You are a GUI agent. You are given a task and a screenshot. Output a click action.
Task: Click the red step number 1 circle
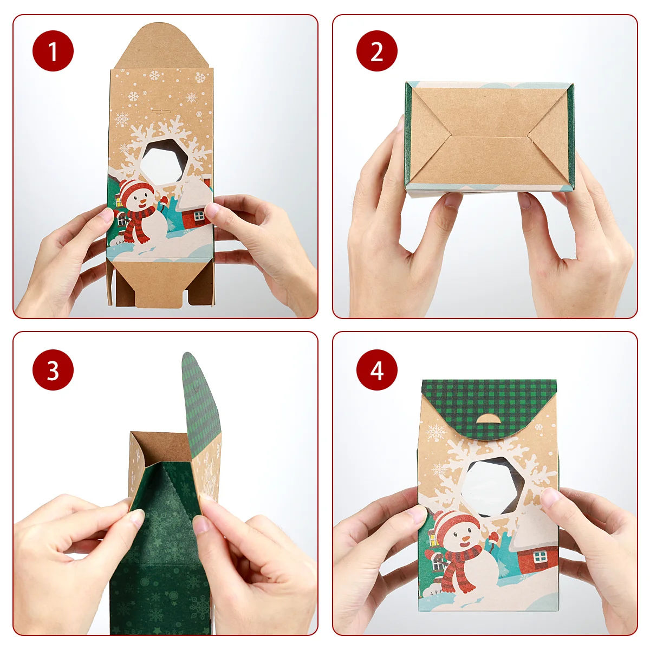pyautogui.click(x=53, y=51)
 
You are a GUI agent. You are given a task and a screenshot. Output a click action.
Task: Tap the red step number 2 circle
pyautogui.click(x=377, y=51)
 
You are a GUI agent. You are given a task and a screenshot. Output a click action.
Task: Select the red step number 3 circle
pyautogui.click(x=53, y=370)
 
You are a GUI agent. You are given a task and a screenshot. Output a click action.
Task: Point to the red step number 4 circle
pyautogui.click(x=377, y=370)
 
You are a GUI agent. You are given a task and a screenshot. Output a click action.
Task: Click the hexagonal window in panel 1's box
pyautogui.click(x=164, y=162)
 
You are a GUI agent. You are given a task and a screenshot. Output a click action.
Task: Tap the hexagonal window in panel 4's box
pyautogui.click(x=492, y=487)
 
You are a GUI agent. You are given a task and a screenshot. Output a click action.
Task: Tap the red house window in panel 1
pyautogui.click(x=199, y=216)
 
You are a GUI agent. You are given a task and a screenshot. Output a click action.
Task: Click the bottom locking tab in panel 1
pyautogui.click(x=159, y=284)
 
